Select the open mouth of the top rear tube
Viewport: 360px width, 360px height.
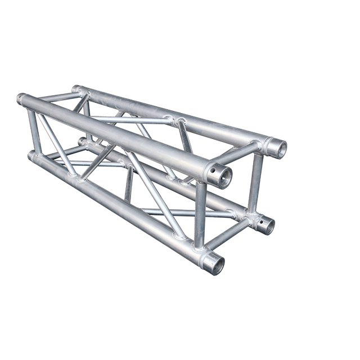(277, 148)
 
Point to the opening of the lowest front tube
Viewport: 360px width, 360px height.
(214, 264)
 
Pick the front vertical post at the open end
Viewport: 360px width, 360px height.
(200, 214)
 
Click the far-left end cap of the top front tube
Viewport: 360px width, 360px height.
(21, 99)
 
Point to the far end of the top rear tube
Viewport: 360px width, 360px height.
(76, 89)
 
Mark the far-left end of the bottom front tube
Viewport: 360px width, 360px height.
(31, 155)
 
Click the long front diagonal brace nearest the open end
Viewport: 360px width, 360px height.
(155, 194)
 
